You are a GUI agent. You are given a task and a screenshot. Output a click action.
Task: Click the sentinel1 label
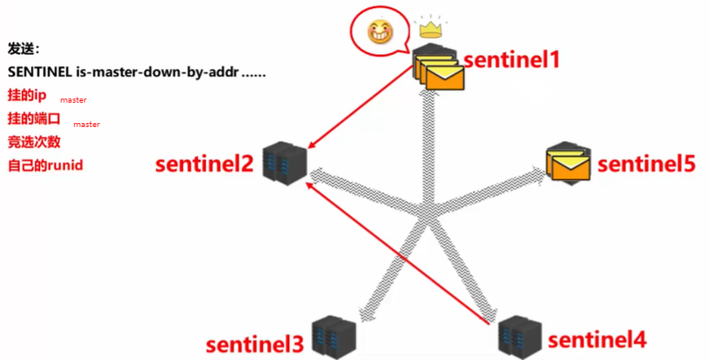pyautogui.click(x=512, y=59)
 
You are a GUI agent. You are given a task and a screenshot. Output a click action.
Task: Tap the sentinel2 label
pyautogui.click(x=204, y=165)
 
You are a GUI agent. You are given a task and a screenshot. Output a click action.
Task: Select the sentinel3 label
pyautogui.click(x=254, y=344)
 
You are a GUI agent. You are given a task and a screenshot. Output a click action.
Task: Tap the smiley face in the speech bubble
pyautogui.click(x=379, y=33)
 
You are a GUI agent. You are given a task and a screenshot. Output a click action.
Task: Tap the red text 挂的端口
pyautogui.click(x=35, y=118)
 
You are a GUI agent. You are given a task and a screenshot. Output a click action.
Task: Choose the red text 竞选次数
pyautogui.click(x=35, y=141)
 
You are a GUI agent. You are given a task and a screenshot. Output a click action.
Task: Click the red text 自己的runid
pyautogui.click(x=46, y=165)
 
